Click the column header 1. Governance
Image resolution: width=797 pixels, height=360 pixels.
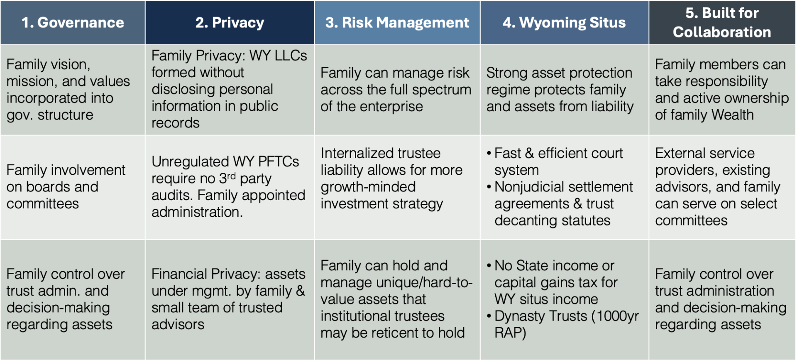tap(73, 22)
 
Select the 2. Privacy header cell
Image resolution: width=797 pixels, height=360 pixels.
tap(230, 22)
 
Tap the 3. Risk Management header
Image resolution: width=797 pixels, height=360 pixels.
tap(397, 22)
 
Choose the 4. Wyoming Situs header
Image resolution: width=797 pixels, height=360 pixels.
tap(564, 22)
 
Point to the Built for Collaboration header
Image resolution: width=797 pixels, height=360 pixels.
tap(722, 22)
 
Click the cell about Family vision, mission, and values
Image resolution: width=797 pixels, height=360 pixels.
tap(73, 90)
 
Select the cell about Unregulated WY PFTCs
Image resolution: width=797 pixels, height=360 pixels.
tap(230, 187)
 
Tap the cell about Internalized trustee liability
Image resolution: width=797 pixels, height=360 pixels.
tap(397, 187)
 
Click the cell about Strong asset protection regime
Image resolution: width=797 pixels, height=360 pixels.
tap(564, 90)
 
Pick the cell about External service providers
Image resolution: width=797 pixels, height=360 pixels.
tap(722, 187)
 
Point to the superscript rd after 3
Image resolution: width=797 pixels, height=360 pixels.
tap(231, 176)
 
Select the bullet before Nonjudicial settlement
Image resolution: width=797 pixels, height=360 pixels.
tap(489, 187)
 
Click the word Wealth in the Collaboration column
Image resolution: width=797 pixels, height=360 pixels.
tap(733, 115)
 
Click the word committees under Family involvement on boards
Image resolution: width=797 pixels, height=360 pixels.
tap(42, 204)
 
